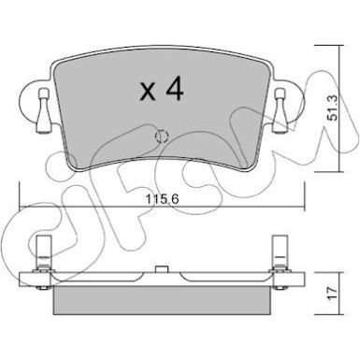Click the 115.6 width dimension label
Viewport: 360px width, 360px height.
click(x=163, y=199)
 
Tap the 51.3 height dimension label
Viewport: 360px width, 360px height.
click(x=333, y=108)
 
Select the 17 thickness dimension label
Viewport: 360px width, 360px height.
click(x=333, y=293)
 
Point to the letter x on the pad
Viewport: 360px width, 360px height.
click(x=148, y=93)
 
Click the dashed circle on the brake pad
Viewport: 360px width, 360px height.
click(x=162, y=137)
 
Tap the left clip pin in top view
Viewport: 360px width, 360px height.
click(x=43, y=110)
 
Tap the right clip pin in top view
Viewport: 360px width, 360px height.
click(x=280, y=110)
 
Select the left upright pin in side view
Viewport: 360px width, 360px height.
click(x=43, y=252)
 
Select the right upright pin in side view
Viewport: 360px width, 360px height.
click(x=281, y=252)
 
